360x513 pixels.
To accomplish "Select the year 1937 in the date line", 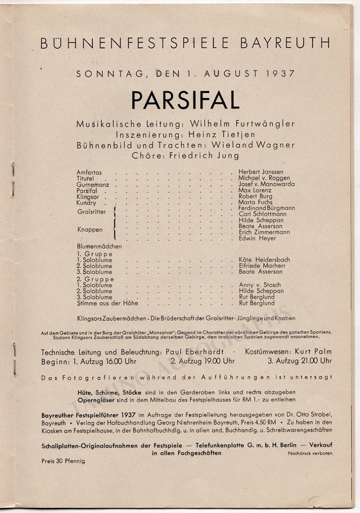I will click(280, 73).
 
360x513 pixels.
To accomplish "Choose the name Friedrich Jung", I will click(201, 155).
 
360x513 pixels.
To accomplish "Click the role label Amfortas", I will click(89, 172).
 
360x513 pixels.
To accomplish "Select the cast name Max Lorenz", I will click(255, 190).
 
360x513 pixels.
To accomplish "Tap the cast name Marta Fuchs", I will click(255, 202).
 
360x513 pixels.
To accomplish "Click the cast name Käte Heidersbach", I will click(264, 259).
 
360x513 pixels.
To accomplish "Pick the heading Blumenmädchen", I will click(99, 246).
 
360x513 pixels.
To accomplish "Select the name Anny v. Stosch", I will click(260, 285).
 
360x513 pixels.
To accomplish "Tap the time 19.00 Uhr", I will click(214, 360).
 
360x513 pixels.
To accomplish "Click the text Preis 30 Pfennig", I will click(63, 461).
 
